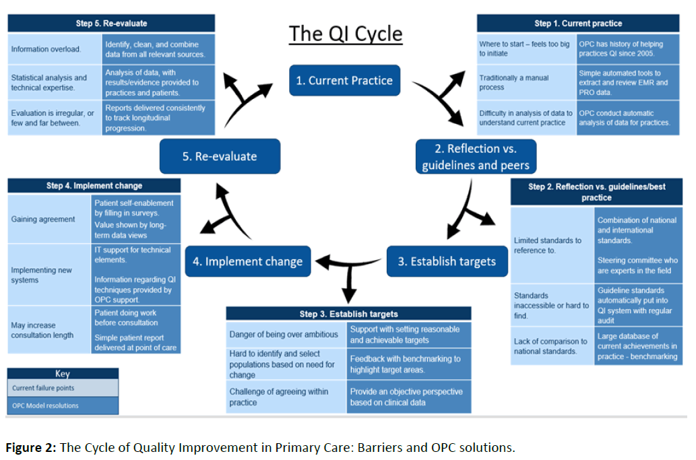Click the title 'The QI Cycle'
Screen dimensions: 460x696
tap(346, 34)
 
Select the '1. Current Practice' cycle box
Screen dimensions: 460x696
tap(344, 81)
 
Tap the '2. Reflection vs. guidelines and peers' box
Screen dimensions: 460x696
tap(476, 156)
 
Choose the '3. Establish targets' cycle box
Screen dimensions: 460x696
tap(447, 261)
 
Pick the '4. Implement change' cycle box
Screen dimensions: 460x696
tap(247, 261)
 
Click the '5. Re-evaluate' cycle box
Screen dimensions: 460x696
tap(220, 156)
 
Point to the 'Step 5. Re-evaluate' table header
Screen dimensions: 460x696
tap(111, 24)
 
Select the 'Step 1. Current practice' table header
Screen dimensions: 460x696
tap(578, 24)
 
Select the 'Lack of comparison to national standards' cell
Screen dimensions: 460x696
tap(551, 346)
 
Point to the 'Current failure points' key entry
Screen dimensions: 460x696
tap(63, 388)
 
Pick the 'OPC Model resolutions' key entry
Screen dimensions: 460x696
tap(63, 405)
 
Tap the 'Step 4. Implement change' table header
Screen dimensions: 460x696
tap(94, 186)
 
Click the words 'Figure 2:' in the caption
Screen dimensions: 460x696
tap(31, 448)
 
